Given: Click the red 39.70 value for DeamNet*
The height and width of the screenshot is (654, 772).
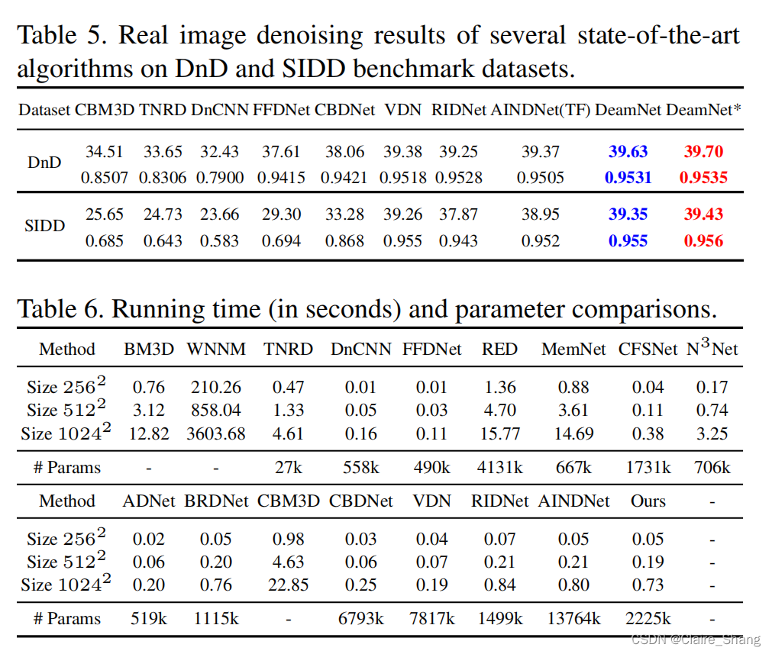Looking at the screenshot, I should pos(703,151).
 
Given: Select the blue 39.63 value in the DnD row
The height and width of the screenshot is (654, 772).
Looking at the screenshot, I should pos(628,151).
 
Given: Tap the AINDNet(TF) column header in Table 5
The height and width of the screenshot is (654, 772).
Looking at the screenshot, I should pos(540,109).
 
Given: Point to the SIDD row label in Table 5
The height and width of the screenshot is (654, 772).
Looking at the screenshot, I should pos(45,227).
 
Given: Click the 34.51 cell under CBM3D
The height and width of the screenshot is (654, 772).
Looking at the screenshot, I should pos(104,151).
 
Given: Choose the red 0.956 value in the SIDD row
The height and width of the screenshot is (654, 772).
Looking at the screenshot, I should pos(703,241).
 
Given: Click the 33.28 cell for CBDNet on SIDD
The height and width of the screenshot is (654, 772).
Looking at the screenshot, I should pos(344,214).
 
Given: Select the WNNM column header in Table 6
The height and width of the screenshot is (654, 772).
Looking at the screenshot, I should pos(215,349).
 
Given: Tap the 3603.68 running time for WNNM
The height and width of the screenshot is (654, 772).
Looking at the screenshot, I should pos(215,433).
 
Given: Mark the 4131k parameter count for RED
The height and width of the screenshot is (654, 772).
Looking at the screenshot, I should pos(499,467).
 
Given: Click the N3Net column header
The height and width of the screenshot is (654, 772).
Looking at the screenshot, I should pos(712,349).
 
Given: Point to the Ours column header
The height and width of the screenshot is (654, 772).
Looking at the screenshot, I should pos(648,501).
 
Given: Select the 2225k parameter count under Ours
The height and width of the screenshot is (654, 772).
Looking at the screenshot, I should pos(648,618).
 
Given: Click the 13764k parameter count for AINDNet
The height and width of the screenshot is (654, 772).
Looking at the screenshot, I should pos(573,618).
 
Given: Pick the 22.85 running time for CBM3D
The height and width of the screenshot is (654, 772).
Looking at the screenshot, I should pos(288,585).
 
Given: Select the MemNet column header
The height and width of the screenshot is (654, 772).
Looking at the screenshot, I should pos(573,349).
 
